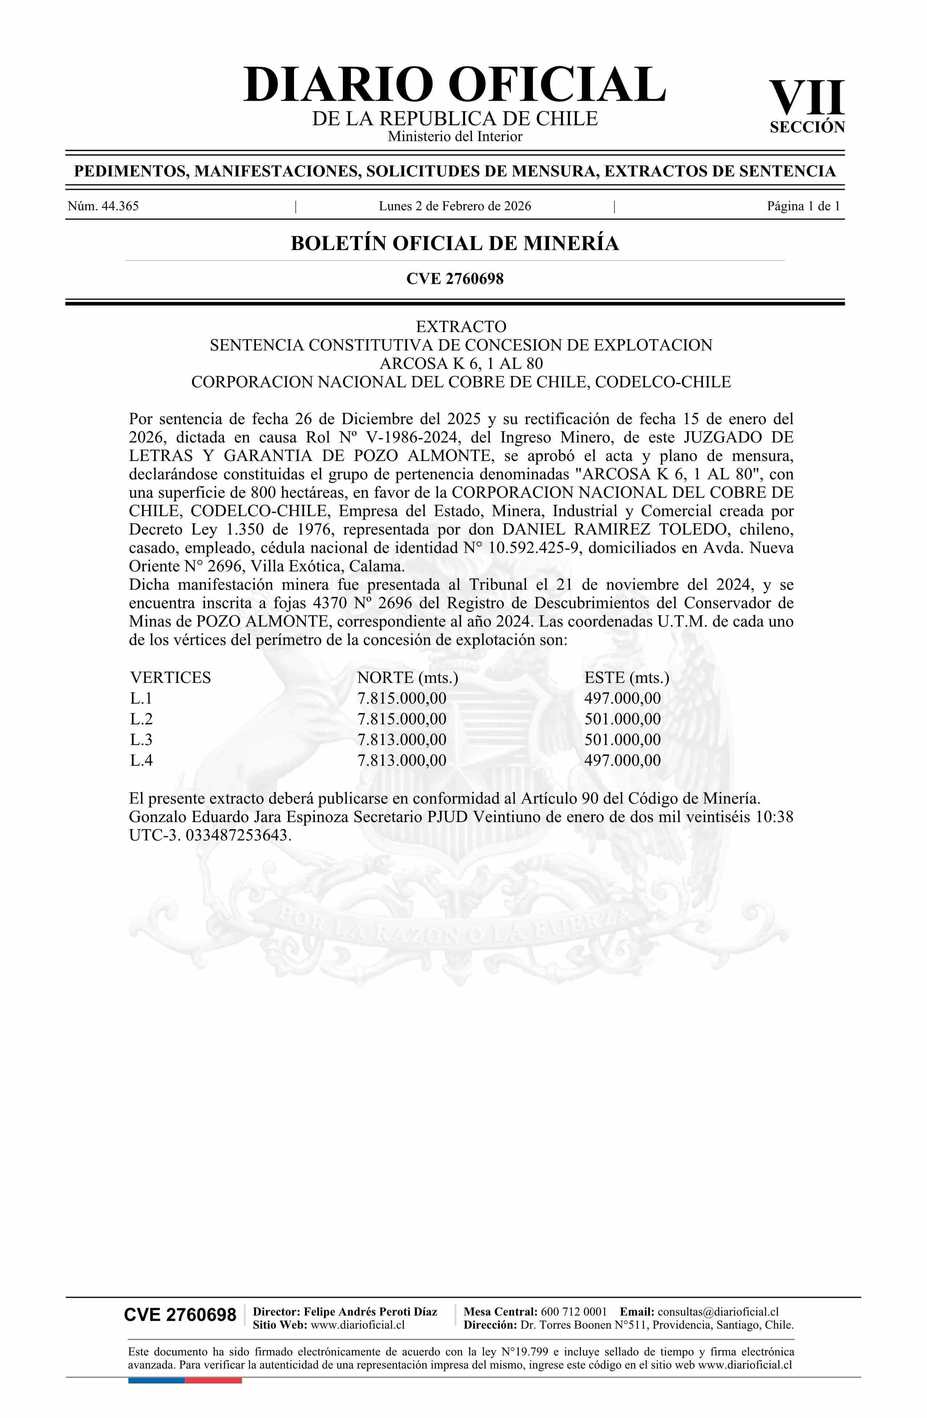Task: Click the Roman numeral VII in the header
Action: tap(807, 98)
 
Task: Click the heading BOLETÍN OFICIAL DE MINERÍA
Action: tap(454, 243)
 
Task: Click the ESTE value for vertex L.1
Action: tap(623, 698)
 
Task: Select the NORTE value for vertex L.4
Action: tap(402, 760)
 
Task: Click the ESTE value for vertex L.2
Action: tap(623, 719)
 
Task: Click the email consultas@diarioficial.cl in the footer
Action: tap(718, 1311)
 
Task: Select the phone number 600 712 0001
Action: tap(574, 1311)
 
